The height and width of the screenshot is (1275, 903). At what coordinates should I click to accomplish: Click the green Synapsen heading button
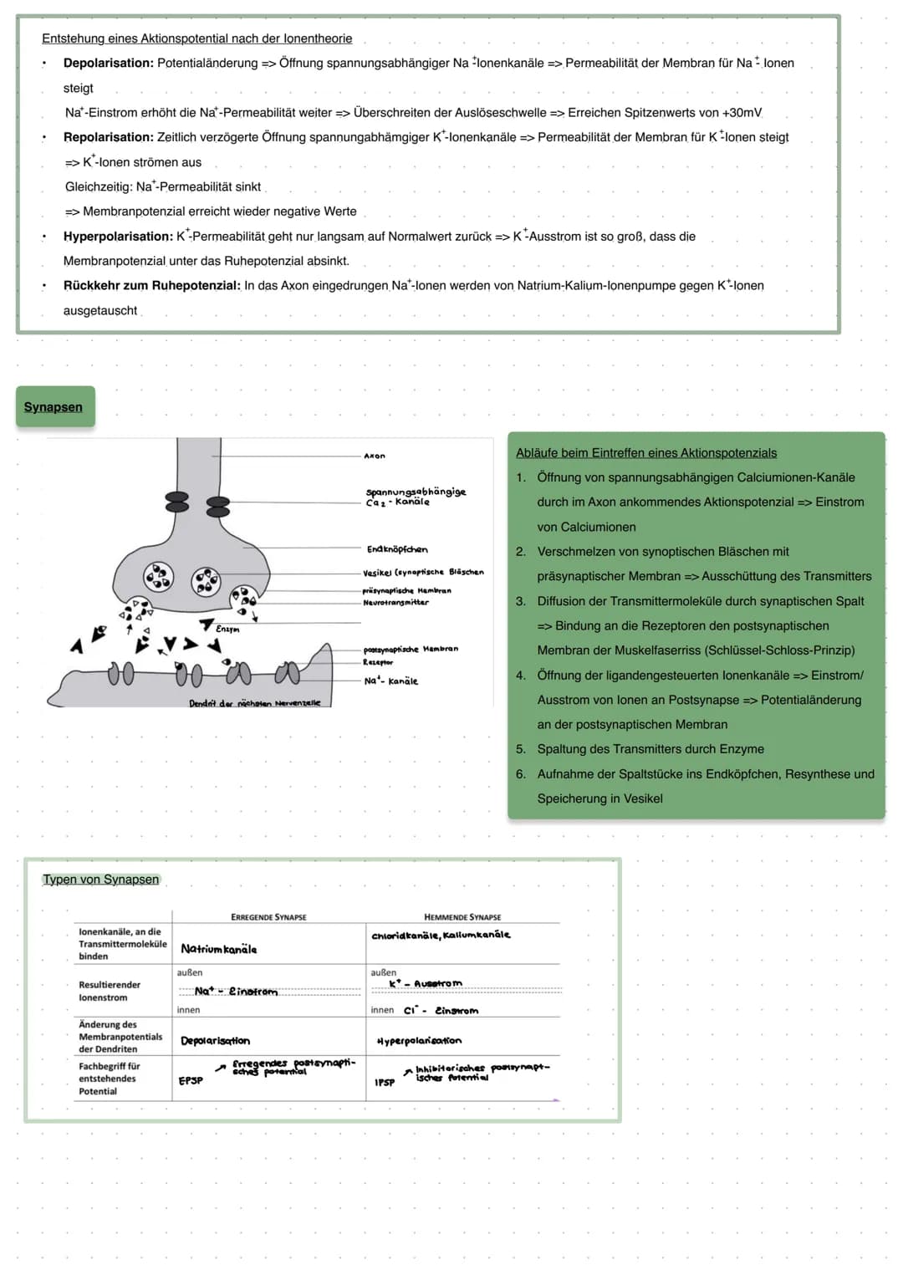[54, 407]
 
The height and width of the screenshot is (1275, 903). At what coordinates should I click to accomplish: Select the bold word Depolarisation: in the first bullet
[109, 63]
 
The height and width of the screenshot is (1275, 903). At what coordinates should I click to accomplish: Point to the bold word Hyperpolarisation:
[118, 237]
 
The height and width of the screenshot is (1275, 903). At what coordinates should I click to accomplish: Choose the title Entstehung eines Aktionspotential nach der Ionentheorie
[196, 38]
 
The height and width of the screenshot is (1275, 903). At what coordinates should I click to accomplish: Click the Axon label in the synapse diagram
[375, 456]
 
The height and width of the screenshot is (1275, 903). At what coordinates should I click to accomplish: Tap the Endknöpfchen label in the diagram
[397, 549]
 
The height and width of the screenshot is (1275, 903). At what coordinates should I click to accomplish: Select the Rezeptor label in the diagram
[378, 662]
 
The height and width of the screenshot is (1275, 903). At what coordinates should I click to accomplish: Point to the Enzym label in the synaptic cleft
[227, 629]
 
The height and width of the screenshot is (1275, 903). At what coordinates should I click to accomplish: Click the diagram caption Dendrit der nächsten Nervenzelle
[254, 703]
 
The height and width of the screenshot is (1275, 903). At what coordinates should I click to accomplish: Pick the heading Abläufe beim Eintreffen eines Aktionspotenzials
[645, 453]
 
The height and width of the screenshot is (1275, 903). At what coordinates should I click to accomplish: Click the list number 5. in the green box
[521, 749]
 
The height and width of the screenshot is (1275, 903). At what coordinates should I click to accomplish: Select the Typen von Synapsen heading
[101, 880]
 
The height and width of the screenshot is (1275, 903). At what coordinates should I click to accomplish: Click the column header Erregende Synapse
[268, 917]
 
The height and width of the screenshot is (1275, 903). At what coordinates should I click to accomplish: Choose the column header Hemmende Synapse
[462, 917]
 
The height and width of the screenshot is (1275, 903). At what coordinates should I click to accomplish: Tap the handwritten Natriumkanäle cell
[219, 949]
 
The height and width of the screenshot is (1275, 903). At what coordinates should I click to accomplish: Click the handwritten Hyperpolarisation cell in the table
[419, 1041]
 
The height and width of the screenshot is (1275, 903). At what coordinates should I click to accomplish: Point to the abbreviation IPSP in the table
[385, 1082]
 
